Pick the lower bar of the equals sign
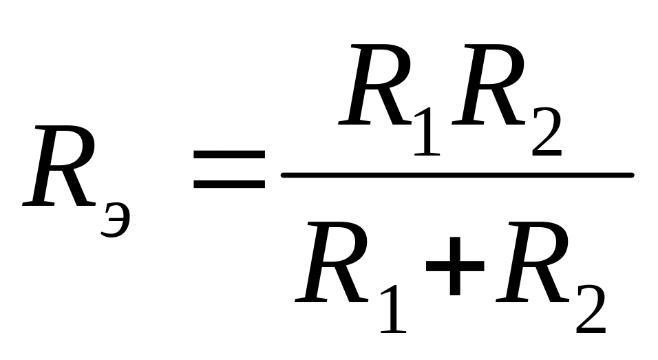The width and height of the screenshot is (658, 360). (x=229, y=184)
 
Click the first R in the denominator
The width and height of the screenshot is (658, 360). (x=334, y=265)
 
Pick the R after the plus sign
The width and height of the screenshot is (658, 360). (x=533, y=265)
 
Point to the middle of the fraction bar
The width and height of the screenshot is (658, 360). (x=457, y=176)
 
